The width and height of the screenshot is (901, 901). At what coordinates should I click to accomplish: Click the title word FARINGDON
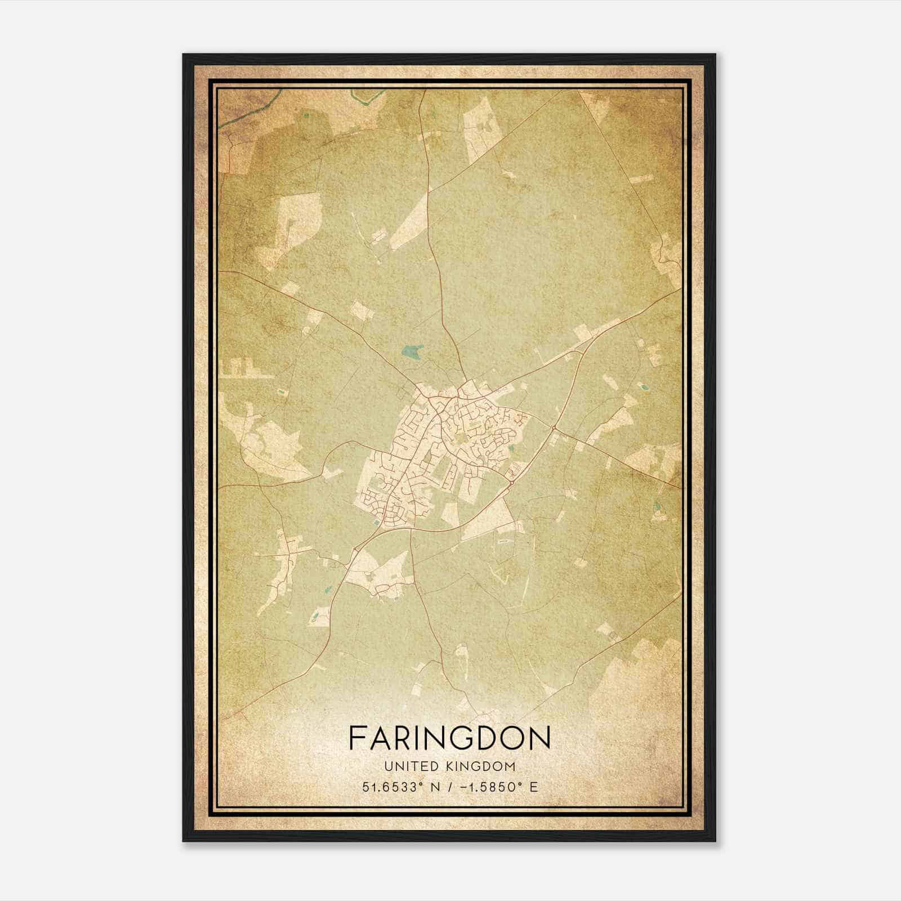449,738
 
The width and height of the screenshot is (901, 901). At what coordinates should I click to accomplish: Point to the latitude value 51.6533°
392,787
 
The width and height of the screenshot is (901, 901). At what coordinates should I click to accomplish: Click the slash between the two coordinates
448,787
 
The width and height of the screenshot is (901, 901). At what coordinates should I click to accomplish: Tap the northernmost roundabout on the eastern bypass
554,429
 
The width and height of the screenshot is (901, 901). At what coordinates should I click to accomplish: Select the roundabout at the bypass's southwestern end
357,547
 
